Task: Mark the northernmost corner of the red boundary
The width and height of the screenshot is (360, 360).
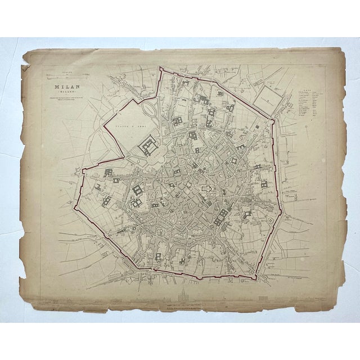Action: point(160,69)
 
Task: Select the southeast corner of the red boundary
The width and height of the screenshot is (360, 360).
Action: point(256,277)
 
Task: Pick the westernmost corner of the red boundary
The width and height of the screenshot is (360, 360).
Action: point(83,169)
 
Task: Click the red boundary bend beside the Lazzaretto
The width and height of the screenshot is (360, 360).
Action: point(274,119)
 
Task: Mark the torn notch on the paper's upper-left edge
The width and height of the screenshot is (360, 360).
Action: point(24,70)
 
